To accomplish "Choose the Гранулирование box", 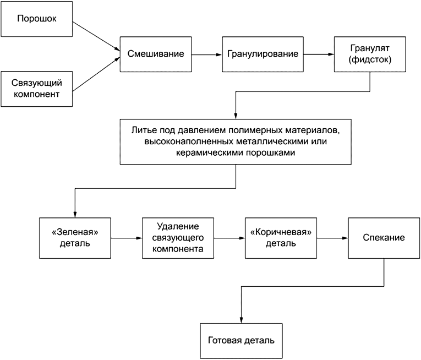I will pyautogui.click(x=263, y=54).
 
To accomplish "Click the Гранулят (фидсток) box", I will pyautogui.click(x=370, y=54).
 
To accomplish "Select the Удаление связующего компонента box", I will pyautogui.click(x=177, y=238).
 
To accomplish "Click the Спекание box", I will pyautogui.click(x=384, y=238).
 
